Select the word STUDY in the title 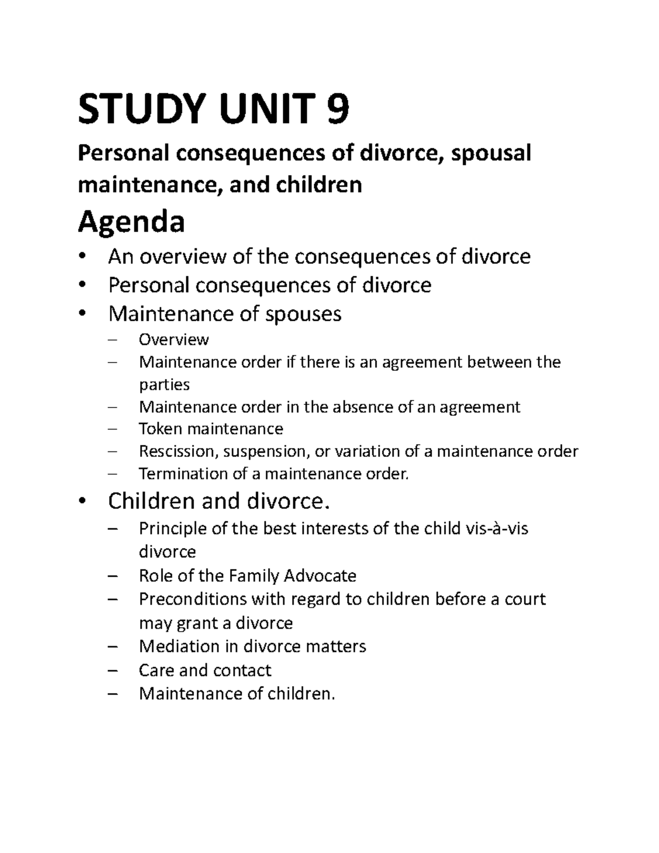[x=144, y=109]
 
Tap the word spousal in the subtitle [x=490, y=153]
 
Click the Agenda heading [x=131, y=222]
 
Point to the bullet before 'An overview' [x=83, y=257]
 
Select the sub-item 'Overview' [x=174, y=340]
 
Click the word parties [x=164, y=384]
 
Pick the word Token [x=160, y=429]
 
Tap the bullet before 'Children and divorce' [x=83, y=501]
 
